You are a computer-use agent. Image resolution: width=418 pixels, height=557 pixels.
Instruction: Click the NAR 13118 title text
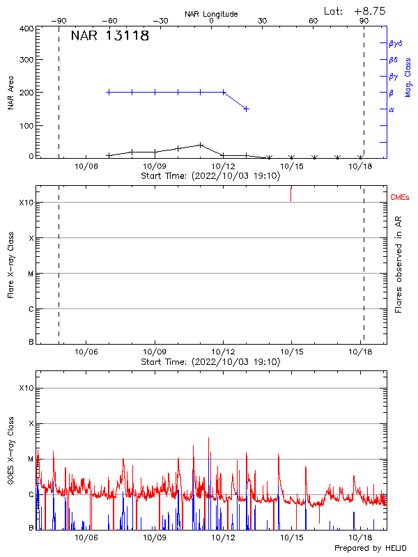point(110,36)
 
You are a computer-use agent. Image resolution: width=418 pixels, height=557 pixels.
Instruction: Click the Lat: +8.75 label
point(355,11)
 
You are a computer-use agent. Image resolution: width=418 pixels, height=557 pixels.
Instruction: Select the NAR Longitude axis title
point(211,14)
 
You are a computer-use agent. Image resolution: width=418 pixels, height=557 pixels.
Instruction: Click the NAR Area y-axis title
point(11,93)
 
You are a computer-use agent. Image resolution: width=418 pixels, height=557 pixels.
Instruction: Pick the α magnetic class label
point(392,110)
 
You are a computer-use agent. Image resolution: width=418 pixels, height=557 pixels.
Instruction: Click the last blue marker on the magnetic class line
point(246,109)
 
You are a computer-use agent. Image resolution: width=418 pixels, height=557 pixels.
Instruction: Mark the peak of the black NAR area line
point(201,145)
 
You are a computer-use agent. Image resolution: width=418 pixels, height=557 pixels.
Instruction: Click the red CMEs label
point(401,198)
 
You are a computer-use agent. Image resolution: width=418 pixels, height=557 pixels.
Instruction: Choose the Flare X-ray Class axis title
point(11,265)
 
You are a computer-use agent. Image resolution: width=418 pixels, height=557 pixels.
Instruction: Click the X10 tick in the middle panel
point(26,203)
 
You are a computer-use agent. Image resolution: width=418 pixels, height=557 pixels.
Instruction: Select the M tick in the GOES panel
point(29,459)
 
